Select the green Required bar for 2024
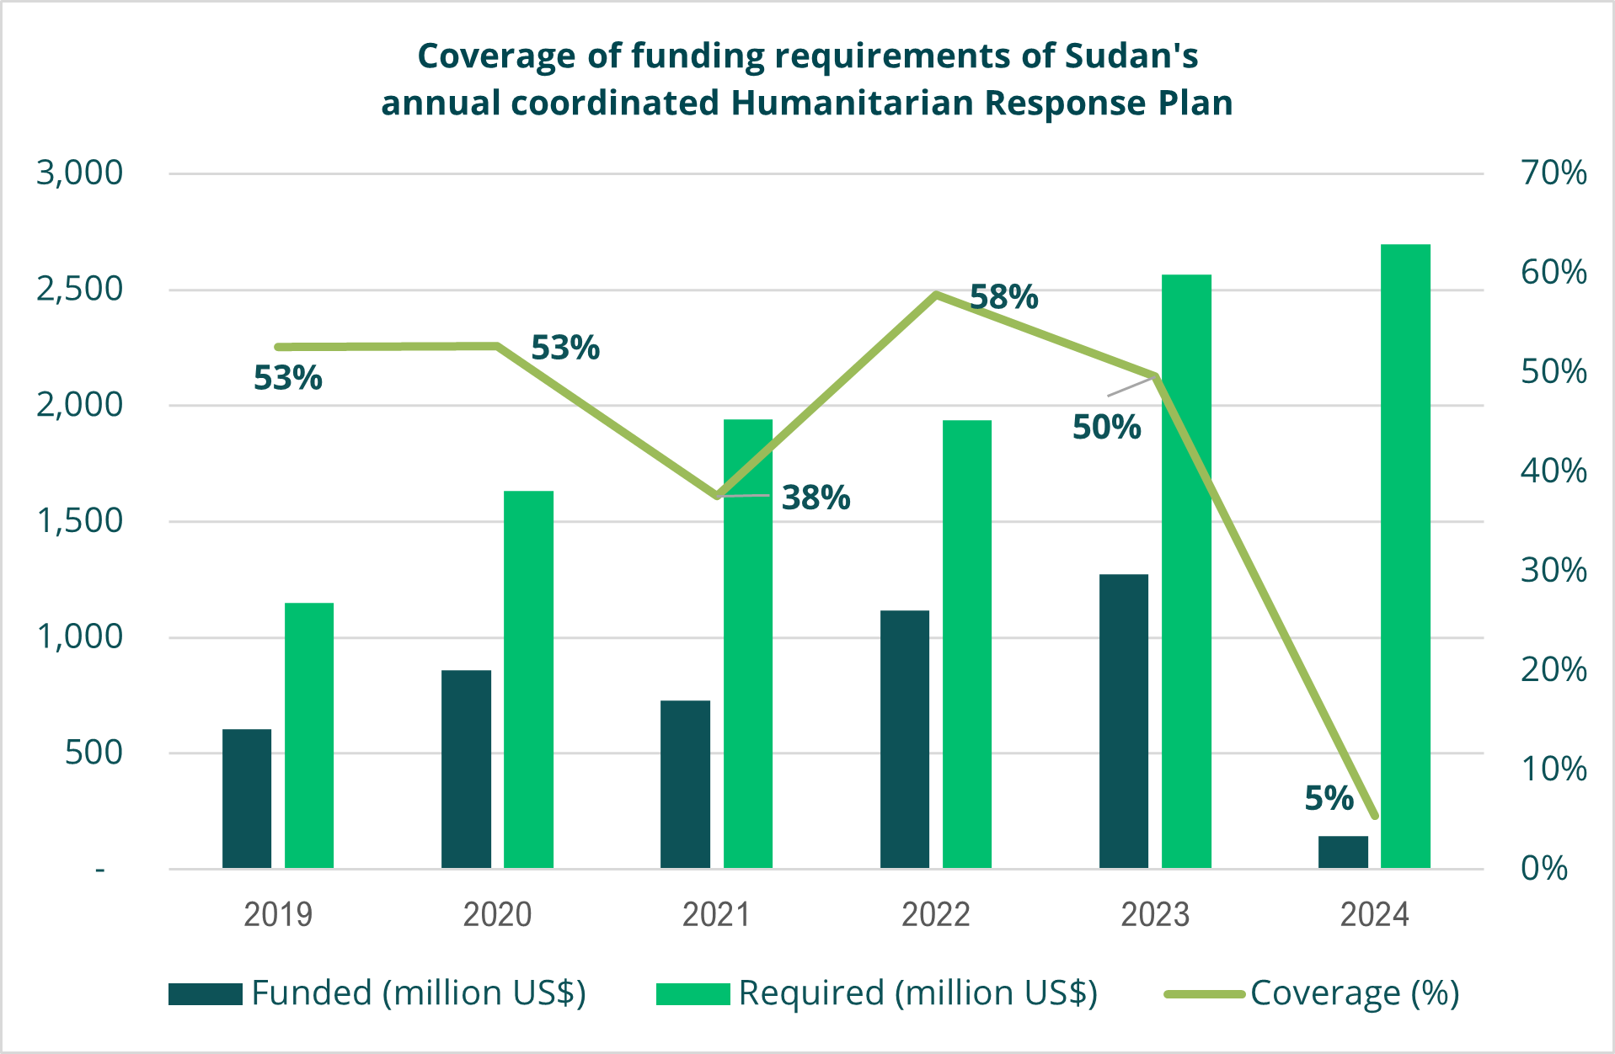pos(1405,556)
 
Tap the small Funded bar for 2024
pos(1343,851)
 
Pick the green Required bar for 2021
pos(748,643)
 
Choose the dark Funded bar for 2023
pos(1124,721)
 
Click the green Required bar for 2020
pos(528,679)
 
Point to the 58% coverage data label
pos(1004,297)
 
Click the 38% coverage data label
pos(816,498)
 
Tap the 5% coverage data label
pos(1329,797)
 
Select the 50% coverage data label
pos(1106,427)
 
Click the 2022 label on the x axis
pos(935,914)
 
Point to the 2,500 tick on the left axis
pos(80,289)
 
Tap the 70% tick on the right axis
pos(1553,173)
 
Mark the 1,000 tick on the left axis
pos(80,636)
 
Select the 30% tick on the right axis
pos(1553,571)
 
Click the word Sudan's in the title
pos(1131,56)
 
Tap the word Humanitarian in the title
pos(853,103)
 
